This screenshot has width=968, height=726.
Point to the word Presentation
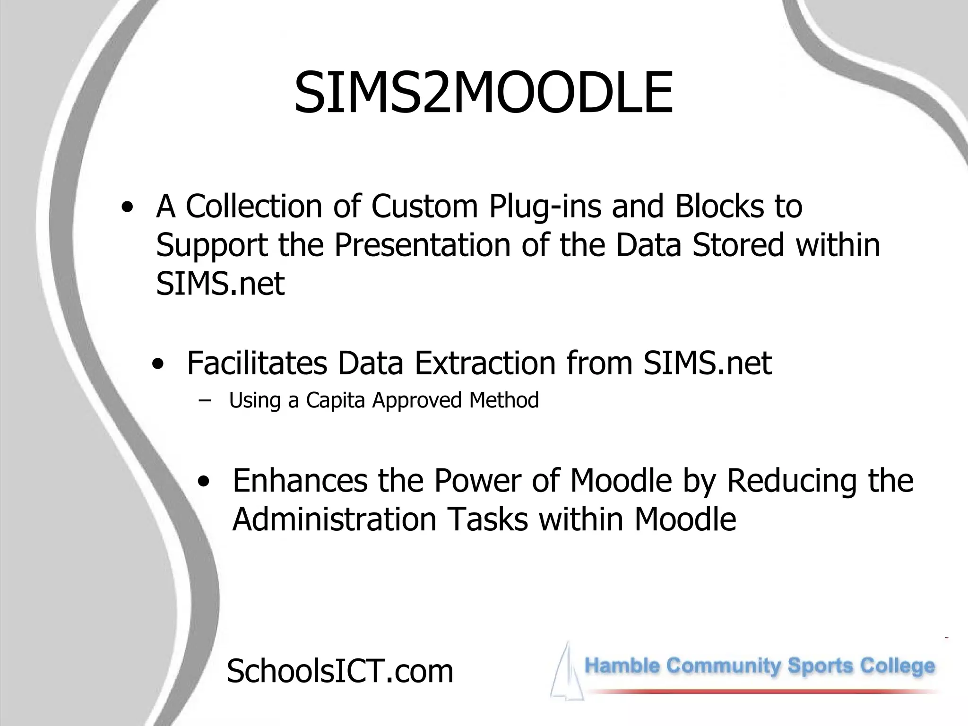click(x=423, y=245)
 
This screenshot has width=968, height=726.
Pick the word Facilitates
click(x=257, y=363)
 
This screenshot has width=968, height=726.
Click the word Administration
click(x=334, y=519)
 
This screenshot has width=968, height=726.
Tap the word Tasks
click(x=487, y=519)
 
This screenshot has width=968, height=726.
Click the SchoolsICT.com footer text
click(x=340, y=671)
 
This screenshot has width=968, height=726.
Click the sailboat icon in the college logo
click(x=566, y=671)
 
